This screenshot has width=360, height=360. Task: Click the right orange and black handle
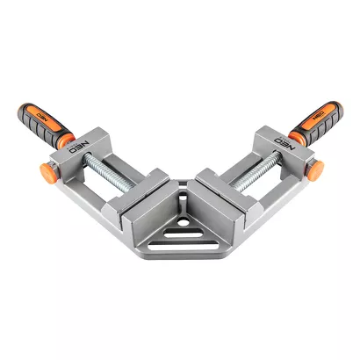pyautogui.click(x=316, y=124)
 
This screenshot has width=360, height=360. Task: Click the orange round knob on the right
pyautogui.click(x=315, y=171)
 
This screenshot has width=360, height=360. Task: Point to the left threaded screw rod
pyautogui.click(x=109, y=173)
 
